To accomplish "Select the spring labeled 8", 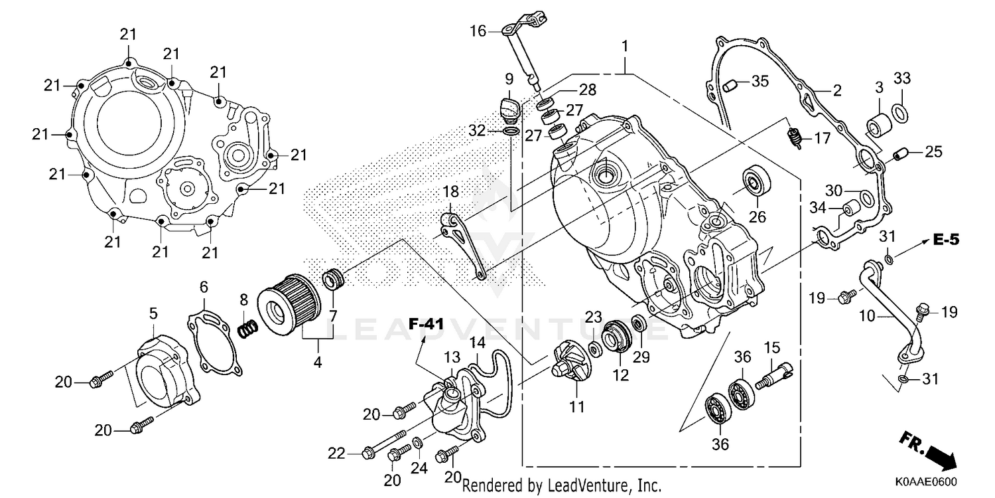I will point(247,327).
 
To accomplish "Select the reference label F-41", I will point(425,325).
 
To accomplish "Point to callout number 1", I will point(624,46).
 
